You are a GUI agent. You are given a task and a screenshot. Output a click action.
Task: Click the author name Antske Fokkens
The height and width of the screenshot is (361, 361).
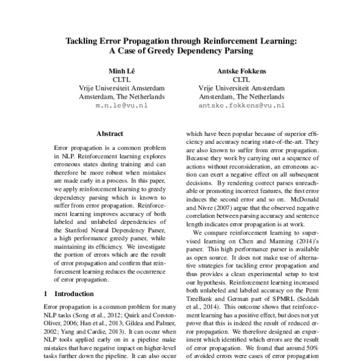click(241, 69)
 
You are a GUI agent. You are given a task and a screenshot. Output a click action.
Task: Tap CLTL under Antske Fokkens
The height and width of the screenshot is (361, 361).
click(241, 78)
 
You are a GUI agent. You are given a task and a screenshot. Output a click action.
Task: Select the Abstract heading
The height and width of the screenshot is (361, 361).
click(109, 133)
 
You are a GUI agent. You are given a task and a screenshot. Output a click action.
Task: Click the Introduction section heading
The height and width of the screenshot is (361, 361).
click(74, 295)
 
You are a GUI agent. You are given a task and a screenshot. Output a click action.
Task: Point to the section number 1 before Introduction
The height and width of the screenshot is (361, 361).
click(47, 295)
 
